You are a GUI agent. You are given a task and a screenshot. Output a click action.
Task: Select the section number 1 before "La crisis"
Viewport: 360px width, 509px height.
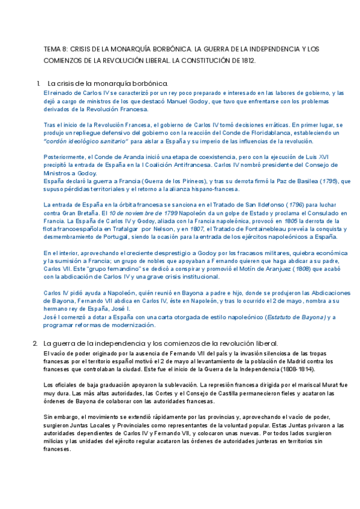(38, 83)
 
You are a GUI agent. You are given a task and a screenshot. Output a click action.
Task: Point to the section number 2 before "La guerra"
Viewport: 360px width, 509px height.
(35, 343)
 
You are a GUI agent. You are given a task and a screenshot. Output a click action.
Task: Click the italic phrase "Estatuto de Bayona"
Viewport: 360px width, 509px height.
(295, 317)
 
